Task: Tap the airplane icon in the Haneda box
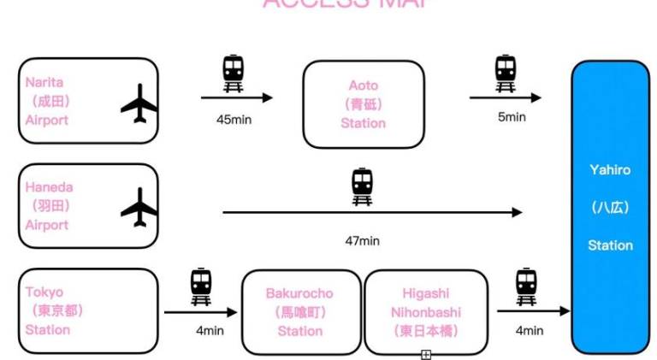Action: [x=139, y=208]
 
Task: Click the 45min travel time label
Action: [x=234, y=120]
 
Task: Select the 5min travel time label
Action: [x=511, y=117]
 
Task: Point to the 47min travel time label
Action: [x=362, y=240]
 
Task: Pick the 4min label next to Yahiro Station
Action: [x=529, y=330]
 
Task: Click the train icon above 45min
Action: [x=233, y=72]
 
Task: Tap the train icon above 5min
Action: [x=506, y=72]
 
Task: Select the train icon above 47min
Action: [x=363, y=186]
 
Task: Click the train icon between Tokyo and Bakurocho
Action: [x=201, y=286]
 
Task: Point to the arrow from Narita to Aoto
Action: [x=236, y=97]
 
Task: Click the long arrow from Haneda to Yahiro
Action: [x=372, y=212]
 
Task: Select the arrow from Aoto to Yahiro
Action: [x=505, y=97]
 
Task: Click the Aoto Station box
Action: [x=363, y=104]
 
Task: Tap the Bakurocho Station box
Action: [x=299, y=312]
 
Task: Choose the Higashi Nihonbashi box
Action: [x=426, y=312]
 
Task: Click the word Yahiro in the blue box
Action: [x=609, y=170]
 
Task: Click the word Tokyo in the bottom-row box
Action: [x=44, y=292]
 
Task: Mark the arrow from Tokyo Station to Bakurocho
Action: [x=200, y=312]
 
